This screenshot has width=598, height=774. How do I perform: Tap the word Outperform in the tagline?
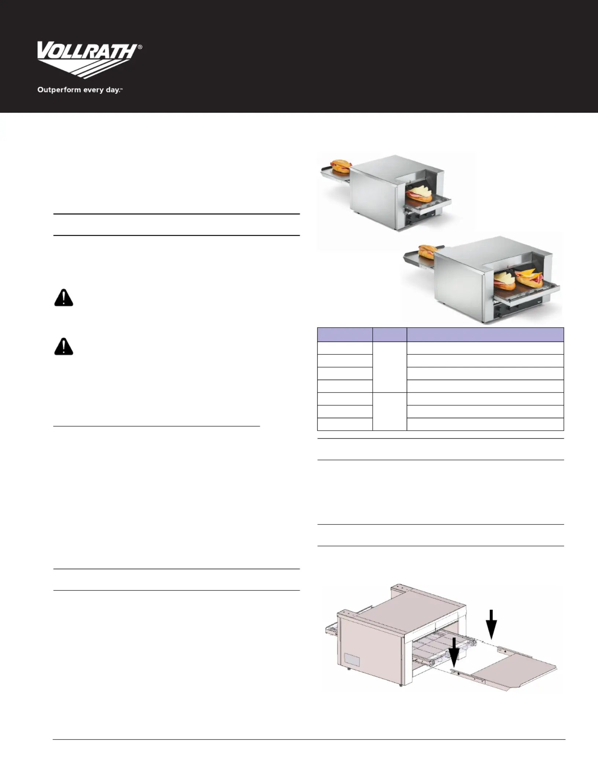tap(54, 90)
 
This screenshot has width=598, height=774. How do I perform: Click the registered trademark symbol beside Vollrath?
tap(140, 47)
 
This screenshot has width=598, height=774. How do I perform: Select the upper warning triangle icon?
tap(64, 298)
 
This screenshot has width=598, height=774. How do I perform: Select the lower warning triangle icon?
tap(64, 346)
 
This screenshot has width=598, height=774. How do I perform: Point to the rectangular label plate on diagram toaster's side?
tap(351, 661)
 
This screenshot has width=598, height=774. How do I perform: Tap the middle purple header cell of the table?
tap(390, 335)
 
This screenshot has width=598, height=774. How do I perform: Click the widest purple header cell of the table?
tap(485, 335)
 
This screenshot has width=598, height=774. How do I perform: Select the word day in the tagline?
tap(113, 90)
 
